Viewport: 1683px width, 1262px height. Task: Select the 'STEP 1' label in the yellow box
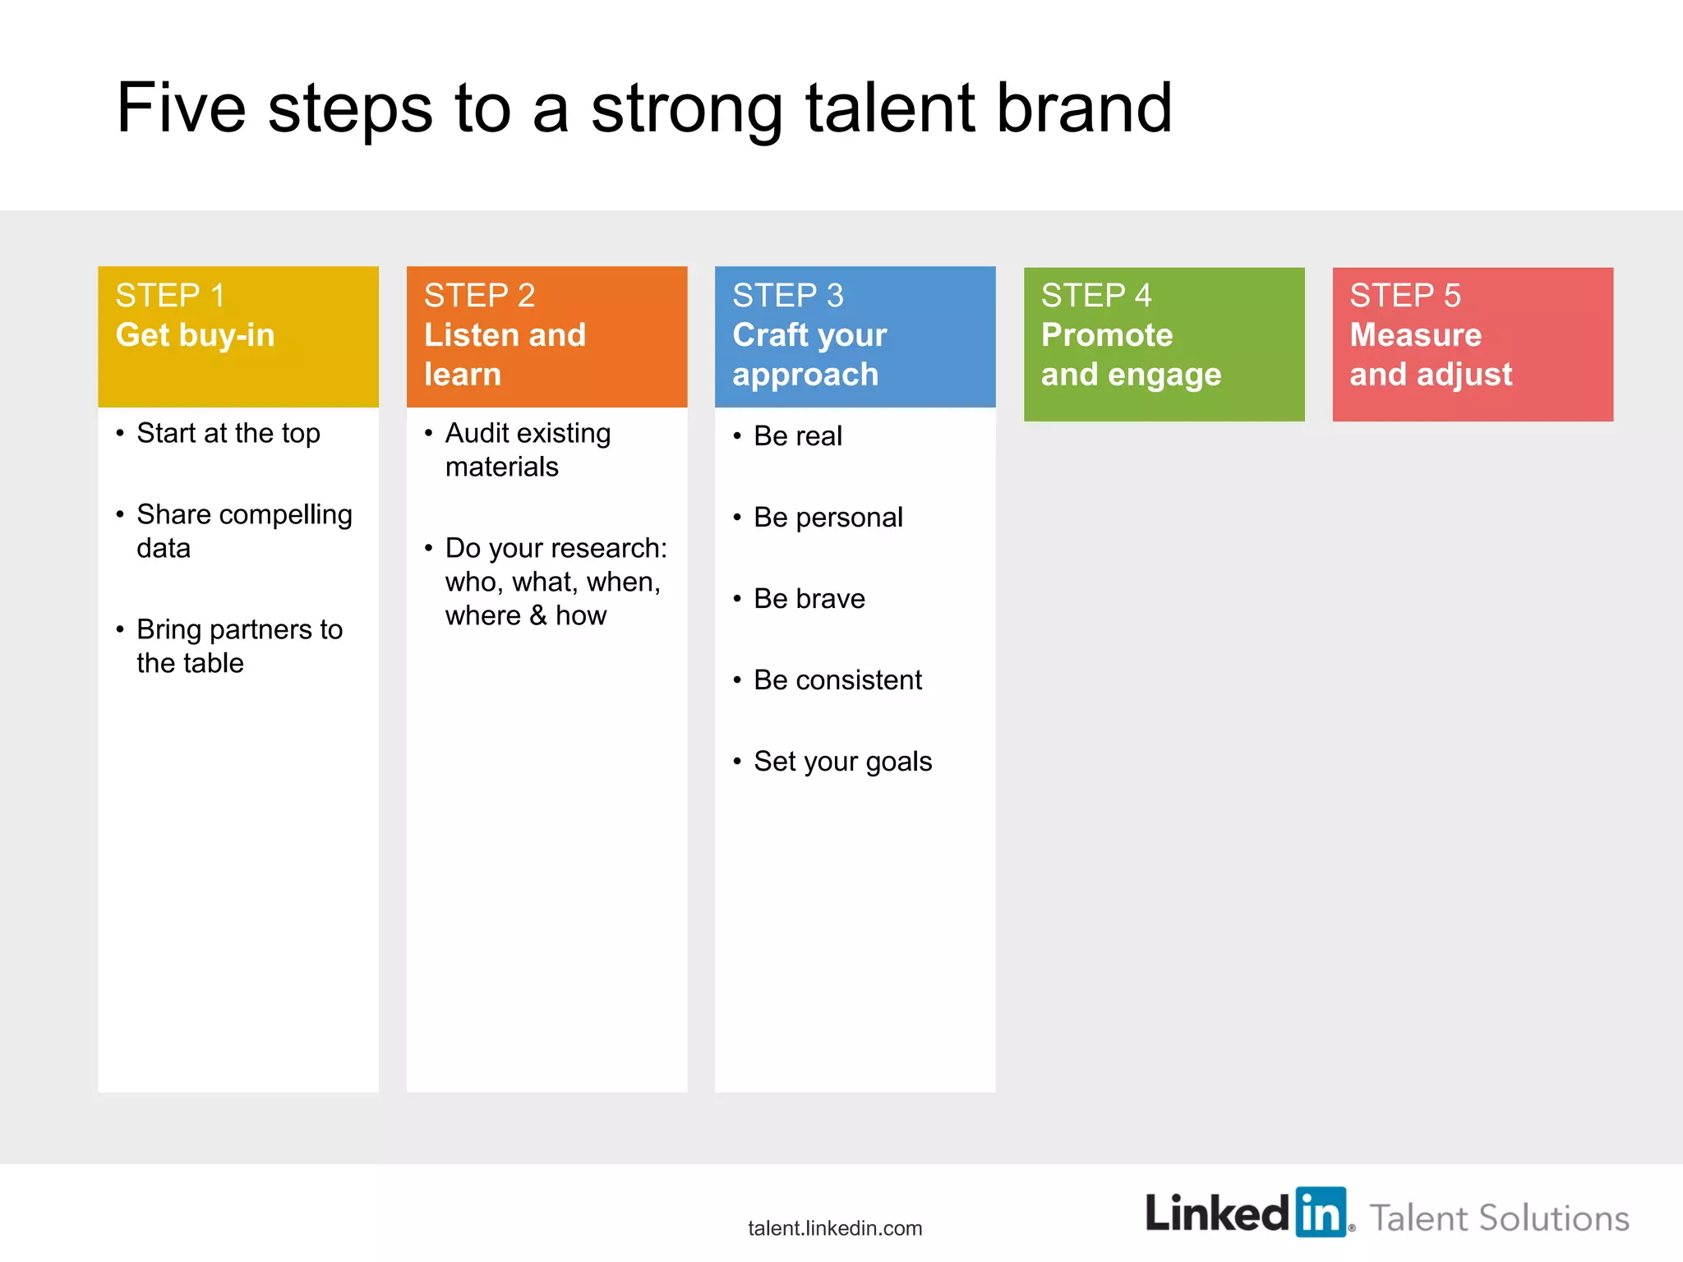coord(170,296)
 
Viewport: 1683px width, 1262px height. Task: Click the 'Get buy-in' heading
coord(195,335)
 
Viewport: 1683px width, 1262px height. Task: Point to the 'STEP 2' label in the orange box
coord(479,296)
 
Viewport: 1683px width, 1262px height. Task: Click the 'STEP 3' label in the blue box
coord(787,296)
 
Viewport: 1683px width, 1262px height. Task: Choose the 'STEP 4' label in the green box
coord(1096,296)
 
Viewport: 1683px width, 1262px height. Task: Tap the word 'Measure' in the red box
coord(1415,335)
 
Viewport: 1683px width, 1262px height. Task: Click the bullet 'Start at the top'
coord(228,433)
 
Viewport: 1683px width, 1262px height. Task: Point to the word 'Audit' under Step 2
coord(477,433)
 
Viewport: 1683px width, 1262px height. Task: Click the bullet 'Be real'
coord(797,436)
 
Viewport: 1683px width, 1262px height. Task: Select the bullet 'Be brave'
coord(809,599)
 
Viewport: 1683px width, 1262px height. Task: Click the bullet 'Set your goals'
coord(842,762)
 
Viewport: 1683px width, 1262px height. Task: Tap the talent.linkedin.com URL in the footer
coord(835,1228)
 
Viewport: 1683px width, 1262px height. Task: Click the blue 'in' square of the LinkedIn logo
coord(1321,1212)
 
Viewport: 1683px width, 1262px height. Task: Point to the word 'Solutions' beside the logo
coord(1553,1218)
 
